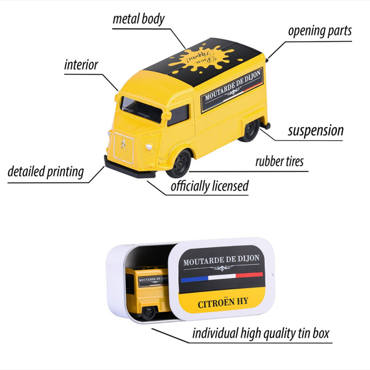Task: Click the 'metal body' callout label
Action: (x=139, y=19)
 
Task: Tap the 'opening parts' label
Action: (x=320, y=31)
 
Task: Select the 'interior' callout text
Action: (x=81, y=65)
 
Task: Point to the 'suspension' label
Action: (x=315, y=130)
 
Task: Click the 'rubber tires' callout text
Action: (x=279, y=161)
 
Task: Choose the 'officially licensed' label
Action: (x=210, y=186)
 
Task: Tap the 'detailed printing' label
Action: (x=46, y=172)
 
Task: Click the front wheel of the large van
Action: (x=179, y=163)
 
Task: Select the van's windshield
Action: (x=141, y=109)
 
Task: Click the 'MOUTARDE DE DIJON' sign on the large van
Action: (x=231, y=91)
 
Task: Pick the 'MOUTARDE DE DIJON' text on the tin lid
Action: (x=222, y=261)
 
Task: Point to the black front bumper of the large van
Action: (x=129, y=167)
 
